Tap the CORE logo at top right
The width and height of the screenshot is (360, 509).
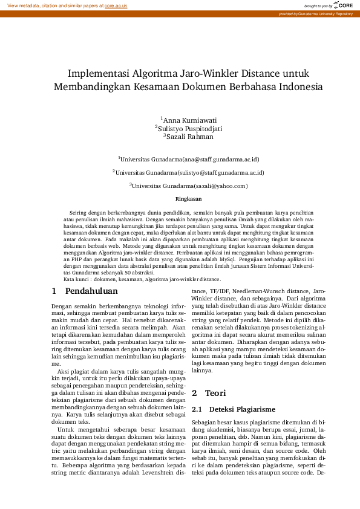[342, 5]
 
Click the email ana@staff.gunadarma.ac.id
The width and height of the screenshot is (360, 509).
[224, 160]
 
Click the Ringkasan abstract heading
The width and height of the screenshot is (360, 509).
[188, 199]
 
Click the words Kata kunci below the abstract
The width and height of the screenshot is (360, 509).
[77, 279]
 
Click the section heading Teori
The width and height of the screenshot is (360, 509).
[215, 376]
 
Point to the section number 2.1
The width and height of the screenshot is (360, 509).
[197, 392]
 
